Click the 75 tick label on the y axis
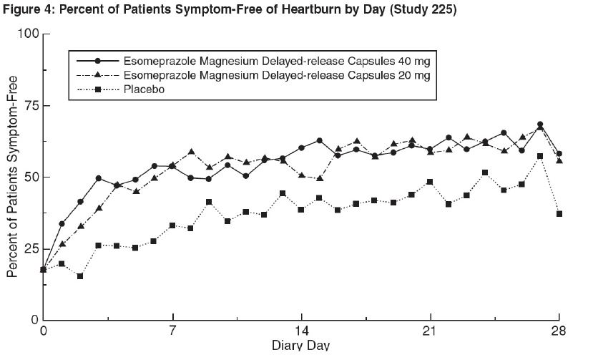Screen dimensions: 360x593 pyautogui.click(x=29, y=106)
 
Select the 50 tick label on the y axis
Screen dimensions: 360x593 pyautogui.click(x=29, y=177)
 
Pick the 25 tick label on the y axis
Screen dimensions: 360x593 pyautogui.click(x=29, y=248)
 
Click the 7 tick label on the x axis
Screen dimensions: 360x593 pyautogui.click(x=172, y=331)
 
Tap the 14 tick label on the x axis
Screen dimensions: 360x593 pyautogui.click(x=301, y=331)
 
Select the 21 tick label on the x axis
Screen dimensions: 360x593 pyautogui.click(x=430, y=331)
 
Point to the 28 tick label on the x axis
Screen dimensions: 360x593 pyautogui.click(x=559, y=331)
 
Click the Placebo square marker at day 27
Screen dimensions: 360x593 pyautogui.click(x=540, y=156)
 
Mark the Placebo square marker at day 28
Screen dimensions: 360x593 pyautogui.click(x=559, y=213)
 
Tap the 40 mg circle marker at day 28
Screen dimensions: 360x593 pyautogui.click(x=559, y=154)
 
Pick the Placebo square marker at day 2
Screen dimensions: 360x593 pyautogui.click(x=80, y=276)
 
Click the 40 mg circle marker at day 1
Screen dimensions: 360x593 pyautogui.click(x=62, y=224)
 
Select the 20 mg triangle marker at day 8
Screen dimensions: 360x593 pyautogui.click(x=191, y=152)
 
